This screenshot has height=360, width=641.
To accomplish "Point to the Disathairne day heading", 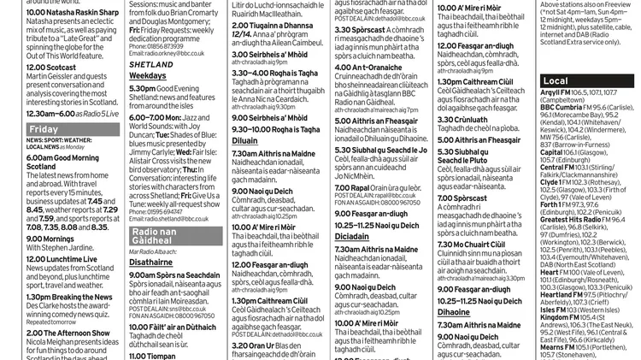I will [151, 263].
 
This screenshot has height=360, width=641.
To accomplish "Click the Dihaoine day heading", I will [454, 312].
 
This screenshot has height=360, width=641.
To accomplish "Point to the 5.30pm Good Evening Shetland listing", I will [163, 88].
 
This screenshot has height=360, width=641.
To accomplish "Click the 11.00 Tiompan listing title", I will [153, 354].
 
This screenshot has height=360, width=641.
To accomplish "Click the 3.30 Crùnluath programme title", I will [462, 120].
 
